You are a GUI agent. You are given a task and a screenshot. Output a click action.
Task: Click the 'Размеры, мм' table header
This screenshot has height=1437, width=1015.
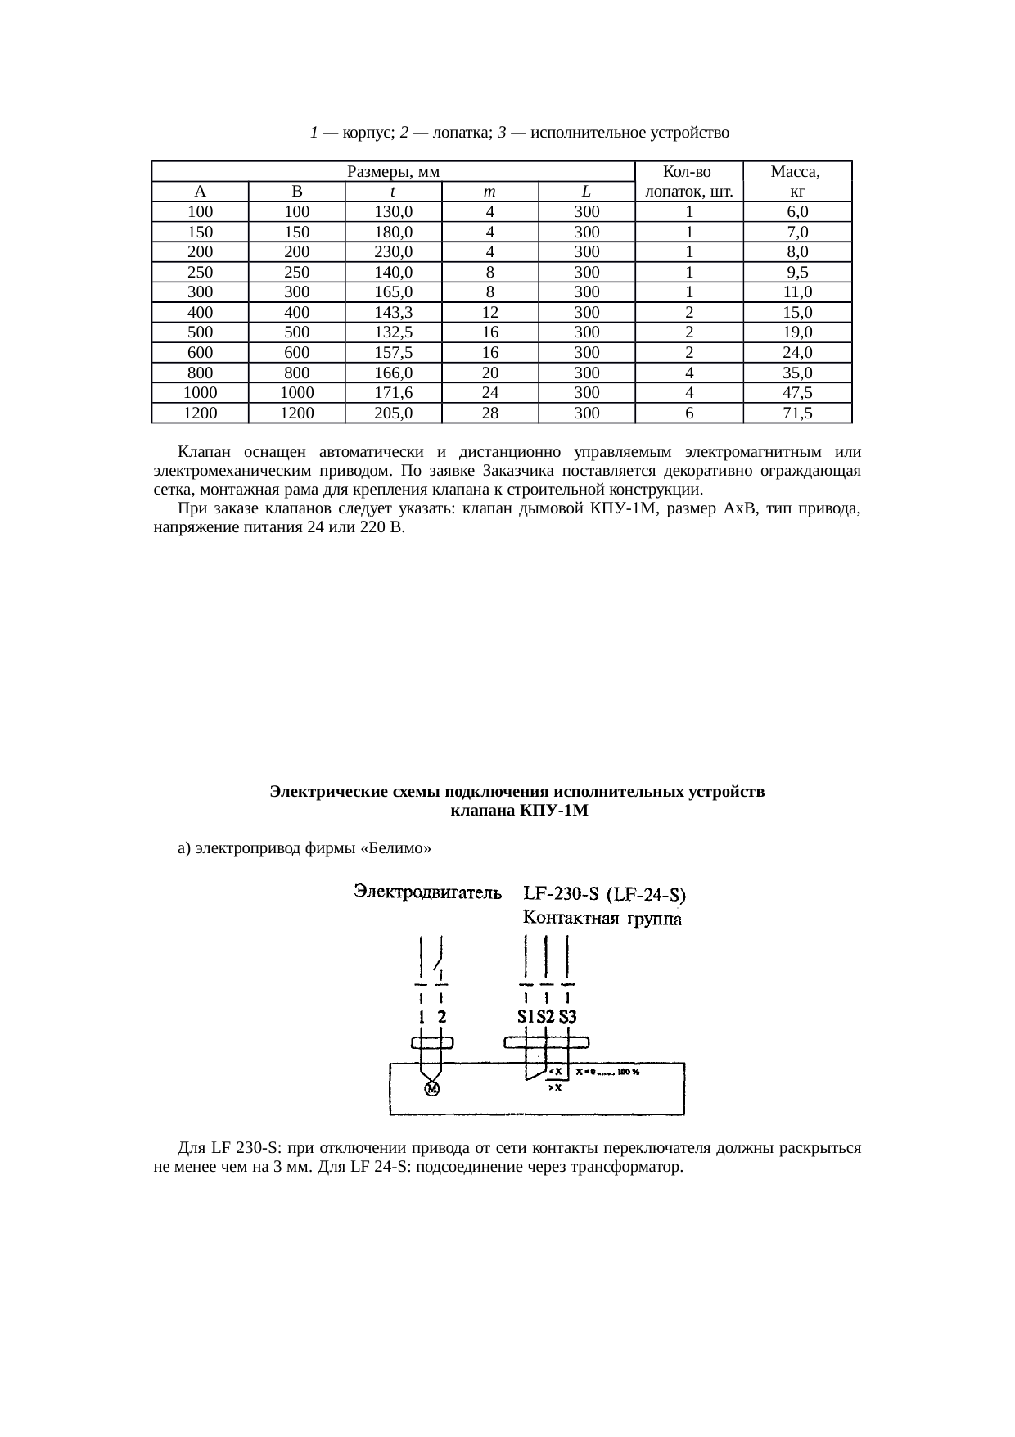(x=394, y=172)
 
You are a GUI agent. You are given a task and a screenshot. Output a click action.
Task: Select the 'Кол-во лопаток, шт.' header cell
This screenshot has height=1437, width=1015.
(x=688, y=182)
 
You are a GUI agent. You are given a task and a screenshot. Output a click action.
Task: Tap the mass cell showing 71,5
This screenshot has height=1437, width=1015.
(x=797, y=413)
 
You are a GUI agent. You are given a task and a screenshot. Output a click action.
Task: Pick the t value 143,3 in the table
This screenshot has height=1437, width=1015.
(x=393, y=312)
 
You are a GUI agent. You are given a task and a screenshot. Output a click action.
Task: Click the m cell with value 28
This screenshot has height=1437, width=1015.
(x=489, y=413)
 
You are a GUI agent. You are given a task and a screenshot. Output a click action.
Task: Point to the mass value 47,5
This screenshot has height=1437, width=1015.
(x=797, y=393)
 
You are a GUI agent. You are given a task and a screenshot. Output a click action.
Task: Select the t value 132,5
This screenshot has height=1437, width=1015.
(x=393, y=332)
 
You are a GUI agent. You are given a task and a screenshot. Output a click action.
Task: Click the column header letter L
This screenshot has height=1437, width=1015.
(x=587, y=192)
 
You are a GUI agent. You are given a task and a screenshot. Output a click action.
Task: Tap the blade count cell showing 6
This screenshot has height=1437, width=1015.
(x=689, y=413)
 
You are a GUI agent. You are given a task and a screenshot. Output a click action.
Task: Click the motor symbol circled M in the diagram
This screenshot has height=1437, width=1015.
(x=431, y=1088)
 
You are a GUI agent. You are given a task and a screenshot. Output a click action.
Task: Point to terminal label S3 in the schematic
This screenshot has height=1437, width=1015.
(x=568, y=1017)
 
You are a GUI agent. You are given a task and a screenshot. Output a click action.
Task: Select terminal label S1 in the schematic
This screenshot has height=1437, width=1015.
(x=526, y=1017)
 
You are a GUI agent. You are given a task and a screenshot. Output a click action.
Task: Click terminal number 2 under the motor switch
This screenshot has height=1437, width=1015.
(x=442, y=1017)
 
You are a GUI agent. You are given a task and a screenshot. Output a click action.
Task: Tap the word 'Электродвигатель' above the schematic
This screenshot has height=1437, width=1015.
(x=426, y=892)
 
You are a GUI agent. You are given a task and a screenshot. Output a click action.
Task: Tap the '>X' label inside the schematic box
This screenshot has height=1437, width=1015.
(x=554, y=1088)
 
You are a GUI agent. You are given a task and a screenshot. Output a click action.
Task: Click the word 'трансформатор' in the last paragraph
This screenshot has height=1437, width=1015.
(x=630, y=1166)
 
